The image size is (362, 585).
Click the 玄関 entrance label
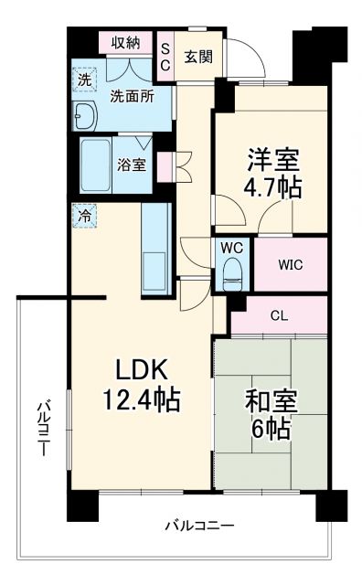[197, 57]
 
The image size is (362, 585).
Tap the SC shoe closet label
[165, 58]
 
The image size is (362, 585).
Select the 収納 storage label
[125, 44]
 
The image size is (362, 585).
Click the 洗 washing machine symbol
[84, 80]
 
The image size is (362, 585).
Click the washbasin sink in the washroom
[86, 115]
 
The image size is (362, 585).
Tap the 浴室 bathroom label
[131, 165]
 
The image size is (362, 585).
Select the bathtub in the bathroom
[94, 165]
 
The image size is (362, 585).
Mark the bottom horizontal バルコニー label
[199, 526]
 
